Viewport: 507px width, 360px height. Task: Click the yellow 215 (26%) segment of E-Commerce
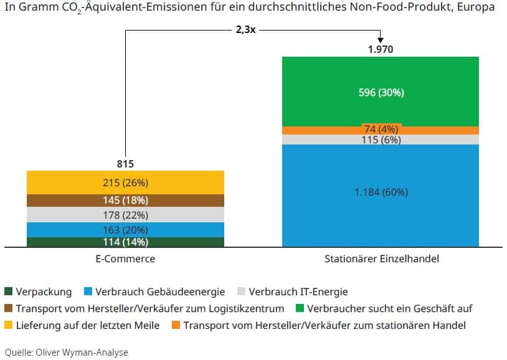(x=125, y=182)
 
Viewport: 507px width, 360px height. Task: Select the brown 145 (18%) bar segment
(x=125, y=200)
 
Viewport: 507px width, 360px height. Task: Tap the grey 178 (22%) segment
(x=125, y=215)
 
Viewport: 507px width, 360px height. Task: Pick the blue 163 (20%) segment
(x=125, y=229)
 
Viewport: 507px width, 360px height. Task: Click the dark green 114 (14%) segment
(x=125, y=242)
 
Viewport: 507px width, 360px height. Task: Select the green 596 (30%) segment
(x=380, y=92)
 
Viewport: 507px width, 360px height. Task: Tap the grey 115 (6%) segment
(x=380, y=140)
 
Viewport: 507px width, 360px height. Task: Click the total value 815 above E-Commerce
(x=125, y=164)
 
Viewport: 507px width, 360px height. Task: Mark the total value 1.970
(x=380, y=49)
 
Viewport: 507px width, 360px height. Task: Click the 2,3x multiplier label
(x=245, y=29)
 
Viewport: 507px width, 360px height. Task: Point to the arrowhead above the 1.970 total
(x=380, y=39)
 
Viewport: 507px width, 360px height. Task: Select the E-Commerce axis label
(x=125, y=258)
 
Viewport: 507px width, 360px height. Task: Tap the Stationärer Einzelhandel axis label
(x=380, y=258)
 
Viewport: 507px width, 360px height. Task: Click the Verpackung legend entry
(x=44, y=291)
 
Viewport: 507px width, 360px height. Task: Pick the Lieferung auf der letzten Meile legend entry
(x=87, y=325)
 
